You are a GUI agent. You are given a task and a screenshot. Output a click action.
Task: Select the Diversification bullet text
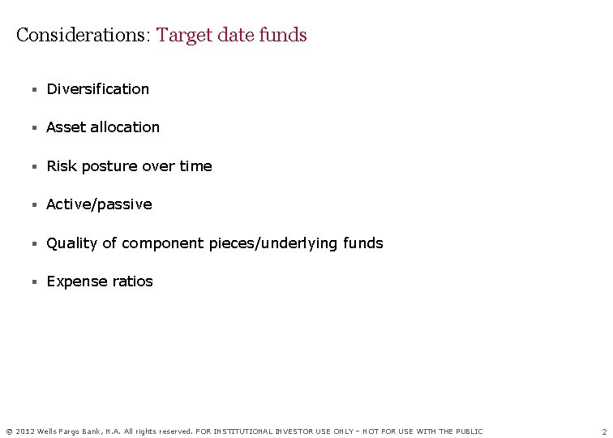coord(98,89)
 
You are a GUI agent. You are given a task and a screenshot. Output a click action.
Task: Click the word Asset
coord(64,127)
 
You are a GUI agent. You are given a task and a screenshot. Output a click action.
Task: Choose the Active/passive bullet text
coord(99,204)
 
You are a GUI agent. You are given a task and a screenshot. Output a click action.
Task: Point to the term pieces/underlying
coord(269,243)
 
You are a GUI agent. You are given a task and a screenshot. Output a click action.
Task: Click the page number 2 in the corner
coord(604,432)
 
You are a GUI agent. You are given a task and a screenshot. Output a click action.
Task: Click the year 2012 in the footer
coord(24,432)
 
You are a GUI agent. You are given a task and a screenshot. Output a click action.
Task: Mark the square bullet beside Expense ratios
coord(34,282)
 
